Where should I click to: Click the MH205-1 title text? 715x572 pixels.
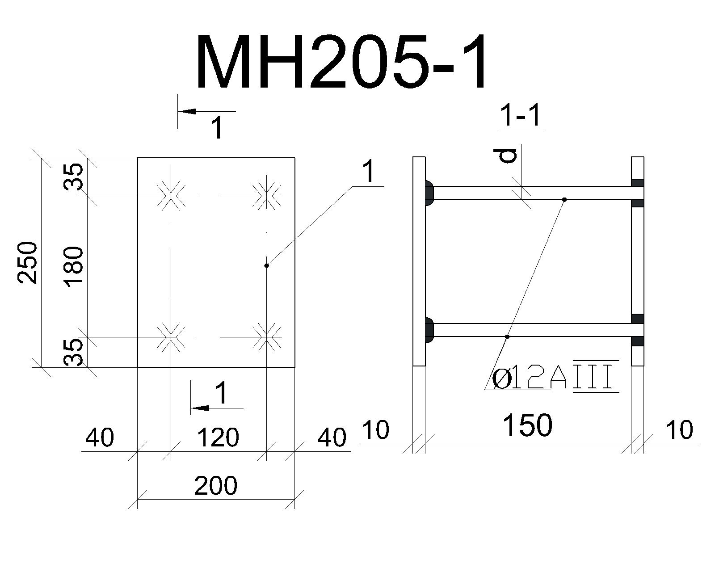342,62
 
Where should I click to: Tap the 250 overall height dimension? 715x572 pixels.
27,263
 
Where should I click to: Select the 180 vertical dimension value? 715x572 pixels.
73,267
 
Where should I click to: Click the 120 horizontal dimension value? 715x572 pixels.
218,437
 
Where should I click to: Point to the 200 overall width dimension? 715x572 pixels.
216,486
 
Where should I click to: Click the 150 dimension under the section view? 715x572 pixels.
528,425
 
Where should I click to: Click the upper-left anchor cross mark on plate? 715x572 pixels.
171,196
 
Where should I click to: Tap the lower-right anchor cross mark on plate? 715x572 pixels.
266,337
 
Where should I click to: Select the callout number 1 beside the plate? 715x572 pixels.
368,171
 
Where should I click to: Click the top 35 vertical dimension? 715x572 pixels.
73,177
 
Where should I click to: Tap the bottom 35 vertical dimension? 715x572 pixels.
73,352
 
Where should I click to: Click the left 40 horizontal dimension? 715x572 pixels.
100,437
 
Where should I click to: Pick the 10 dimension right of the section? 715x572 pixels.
679,430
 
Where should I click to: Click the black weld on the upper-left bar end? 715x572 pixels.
429,193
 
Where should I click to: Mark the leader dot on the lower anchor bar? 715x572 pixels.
507,337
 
